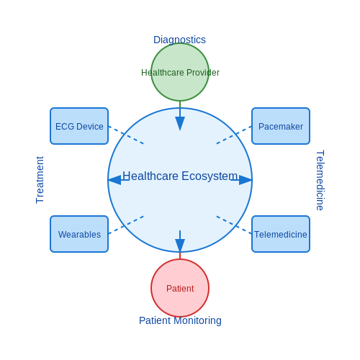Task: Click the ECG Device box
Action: (x=79, y=126)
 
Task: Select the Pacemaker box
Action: (x=281, y=126)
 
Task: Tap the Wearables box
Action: (x=79, y=234)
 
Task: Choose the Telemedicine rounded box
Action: (x=281, y=234)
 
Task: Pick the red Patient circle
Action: (x=180, y=288)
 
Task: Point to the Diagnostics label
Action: (x=179, y=40)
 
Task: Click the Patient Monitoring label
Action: (x=180, y=320)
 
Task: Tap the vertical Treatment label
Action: (x=40, y=180)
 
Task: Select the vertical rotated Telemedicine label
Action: (x=320, y=180)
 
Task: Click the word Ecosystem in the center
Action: (x=210, y=176)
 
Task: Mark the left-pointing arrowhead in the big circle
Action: (x=114, y=180)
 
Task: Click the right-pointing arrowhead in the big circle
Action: (x=246, y=180)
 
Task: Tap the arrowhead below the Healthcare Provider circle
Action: (x=180, y=123)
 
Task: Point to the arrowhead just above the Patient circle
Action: (x=180, y=246)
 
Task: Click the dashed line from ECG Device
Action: (x=126, y=135)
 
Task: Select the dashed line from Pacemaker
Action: (x=234, y=135)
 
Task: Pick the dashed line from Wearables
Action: (x=126, y=225)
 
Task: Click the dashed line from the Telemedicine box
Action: (x=234, y=225)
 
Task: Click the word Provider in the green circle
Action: (x=203, y=73)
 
